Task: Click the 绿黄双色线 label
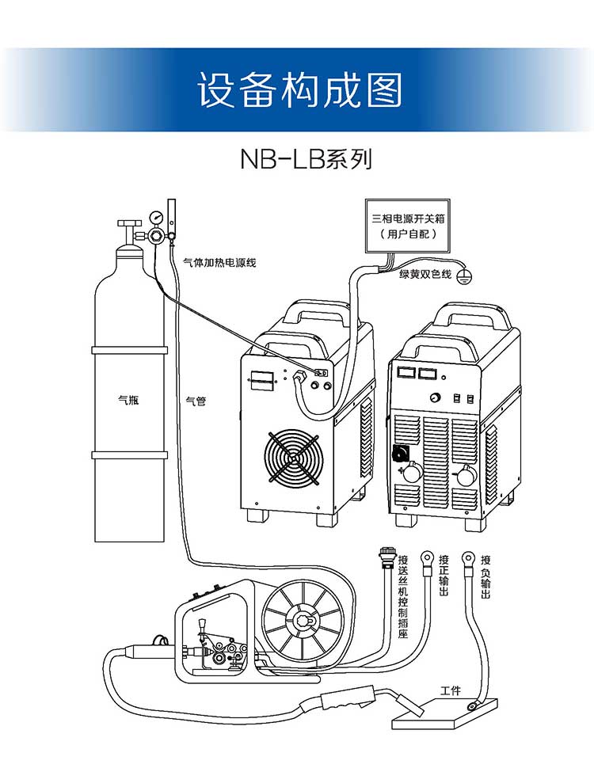pos(425,274)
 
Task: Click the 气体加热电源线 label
pos(219,262)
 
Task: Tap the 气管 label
pos(196,401)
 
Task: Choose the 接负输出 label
pos(485,576)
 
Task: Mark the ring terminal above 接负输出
pos(468,558)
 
